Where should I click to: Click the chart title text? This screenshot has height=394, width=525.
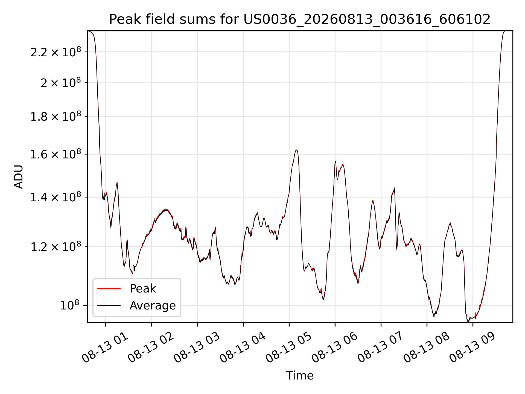point(300,19)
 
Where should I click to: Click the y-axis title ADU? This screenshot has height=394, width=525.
point(19,177)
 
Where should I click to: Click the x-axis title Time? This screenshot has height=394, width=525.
point(300,376)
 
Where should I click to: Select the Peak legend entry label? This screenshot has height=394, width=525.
point(143,289)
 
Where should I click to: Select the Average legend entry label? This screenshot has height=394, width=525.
point(153,305)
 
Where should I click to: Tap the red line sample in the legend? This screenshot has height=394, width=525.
point(109,288)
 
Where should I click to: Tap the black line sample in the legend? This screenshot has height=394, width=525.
point(109,305)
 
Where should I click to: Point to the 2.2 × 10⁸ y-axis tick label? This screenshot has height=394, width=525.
point(56,52)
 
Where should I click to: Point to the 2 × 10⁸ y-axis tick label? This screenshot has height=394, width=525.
point(61,83)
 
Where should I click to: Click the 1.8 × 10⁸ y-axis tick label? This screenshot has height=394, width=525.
point(56,117)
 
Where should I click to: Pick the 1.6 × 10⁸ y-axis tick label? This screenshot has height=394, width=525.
point(56,154)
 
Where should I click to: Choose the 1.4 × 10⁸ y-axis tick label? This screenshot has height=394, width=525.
point(56,197)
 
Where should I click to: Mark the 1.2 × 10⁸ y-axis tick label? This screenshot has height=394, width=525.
point(56,247)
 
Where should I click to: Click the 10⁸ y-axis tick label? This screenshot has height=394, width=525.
point(71,305)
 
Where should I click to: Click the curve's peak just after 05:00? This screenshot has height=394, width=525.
point(296,150)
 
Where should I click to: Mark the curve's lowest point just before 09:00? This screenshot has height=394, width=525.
point(468,321)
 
